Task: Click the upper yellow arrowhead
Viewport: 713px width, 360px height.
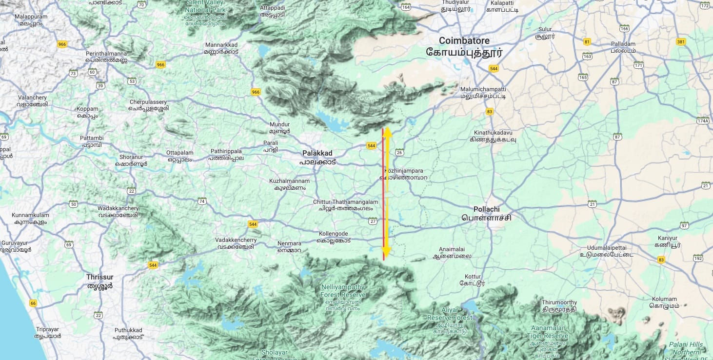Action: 387,132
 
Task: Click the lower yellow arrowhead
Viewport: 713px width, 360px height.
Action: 386,251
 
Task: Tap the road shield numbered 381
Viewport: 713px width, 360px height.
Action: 681,41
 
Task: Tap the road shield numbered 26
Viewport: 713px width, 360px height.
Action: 400,153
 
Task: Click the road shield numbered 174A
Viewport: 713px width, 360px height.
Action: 703,120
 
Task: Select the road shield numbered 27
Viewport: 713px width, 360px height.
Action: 373,221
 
